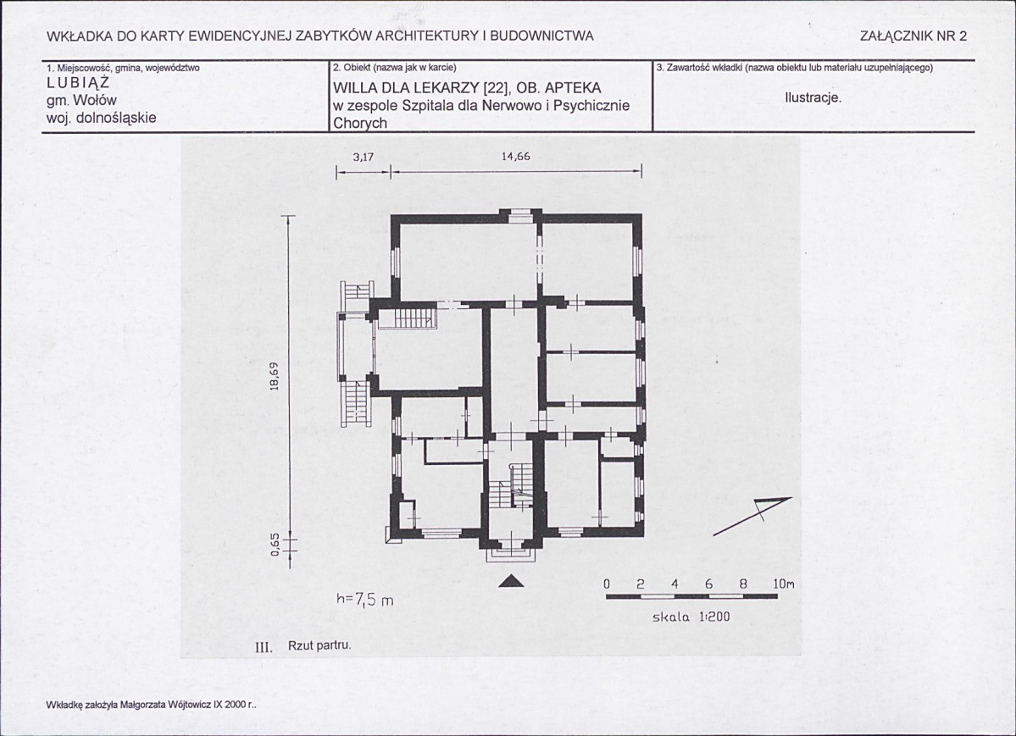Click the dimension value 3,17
coord(364,157)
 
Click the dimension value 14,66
coord(516,156)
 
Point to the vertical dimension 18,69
coord(274,376)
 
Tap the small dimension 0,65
coord(275,545)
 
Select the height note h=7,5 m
coord(365,600)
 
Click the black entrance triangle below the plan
coord(512,581)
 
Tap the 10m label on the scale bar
coord(783,584)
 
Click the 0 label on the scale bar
coord(607,584)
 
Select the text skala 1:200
coord(691,617)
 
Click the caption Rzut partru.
coord(319,646)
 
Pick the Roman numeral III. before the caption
coord(264,646)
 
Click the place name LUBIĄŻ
coord(79,83)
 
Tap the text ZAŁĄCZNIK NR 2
coord(913,36)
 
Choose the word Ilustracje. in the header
coord(813,98)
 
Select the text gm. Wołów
coord(81,101)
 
